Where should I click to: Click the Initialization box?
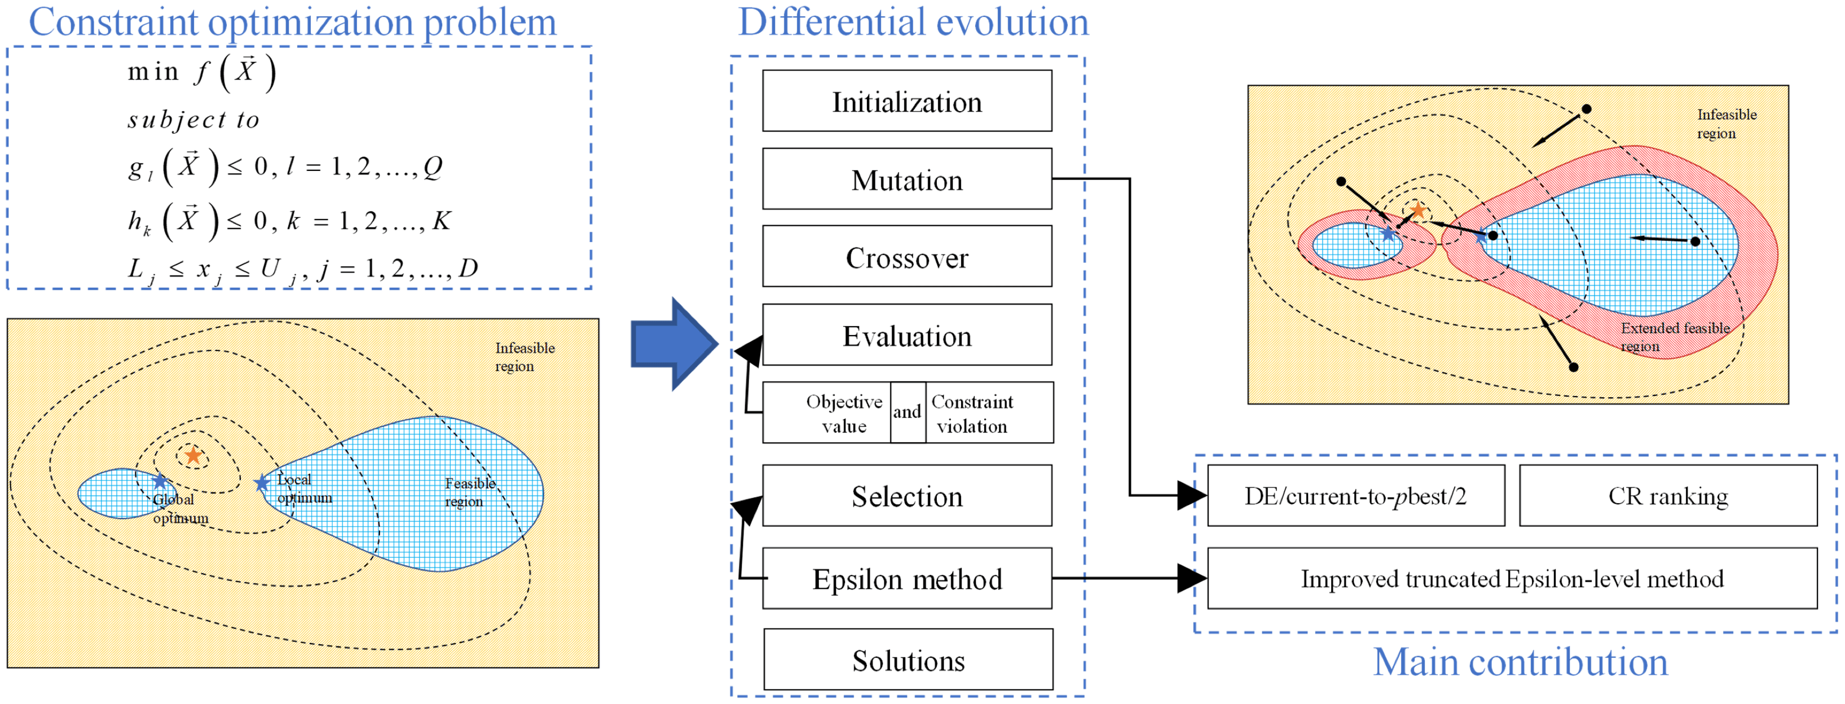click(907, 101)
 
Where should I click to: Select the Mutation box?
click(907, 179)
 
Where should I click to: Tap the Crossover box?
click(907, 257)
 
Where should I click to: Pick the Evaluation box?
click(907, 335)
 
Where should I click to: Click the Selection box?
click(907, 496)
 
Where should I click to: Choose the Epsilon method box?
click(907, 579)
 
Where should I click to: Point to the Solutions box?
click(908, 659)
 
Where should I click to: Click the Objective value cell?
click(843, 413)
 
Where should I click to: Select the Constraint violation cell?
click(972, 413)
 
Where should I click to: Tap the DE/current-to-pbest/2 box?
click(1355, 496)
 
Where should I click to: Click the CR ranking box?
click(1667, 496)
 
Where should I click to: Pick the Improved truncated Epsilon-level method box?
click(1511, 579)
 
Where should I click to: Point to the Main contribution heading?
click(1520, 662)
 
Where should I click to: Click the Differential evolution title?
click(913, 21)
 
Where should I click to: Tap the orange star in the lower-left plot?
click(193, 455)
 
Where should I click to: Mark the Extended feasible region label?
click(1675, 337)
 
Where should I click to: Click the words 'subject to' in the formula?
click(193, 120)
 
